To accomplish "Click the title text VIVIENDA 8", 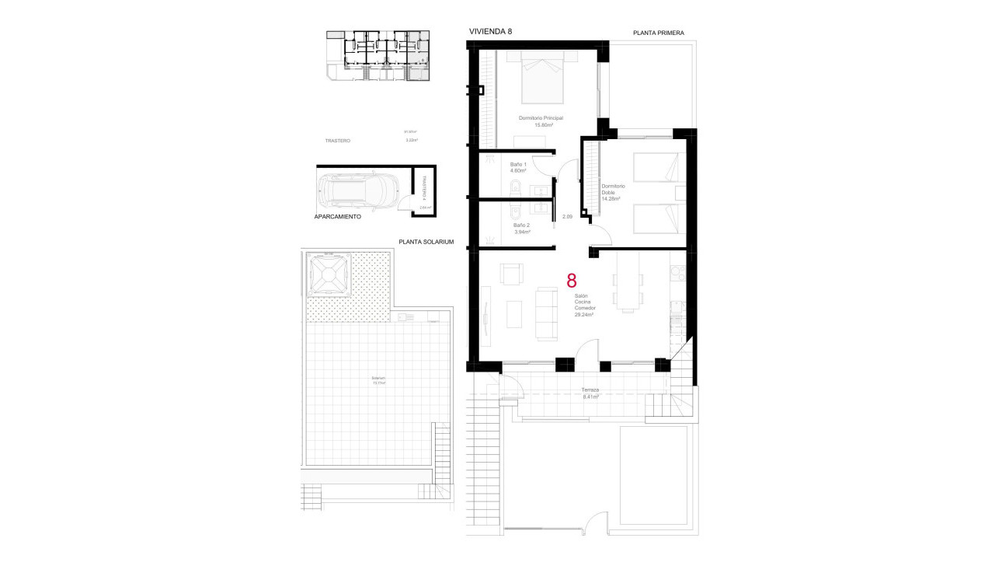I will (x=490, y=31).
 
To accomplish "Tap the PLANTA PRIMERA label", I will (x=658, y=33).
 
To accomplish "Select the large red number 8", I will (x=572, y=281).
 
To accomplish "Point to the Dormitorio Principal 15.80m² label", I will (x=541, y=121).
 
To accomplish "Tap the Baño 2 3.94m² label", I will (x=521, y=229).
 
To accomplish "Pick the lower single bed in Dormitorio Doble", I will (x=655, y=218).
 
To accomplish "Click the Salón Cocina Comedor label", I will (x=583, y=306).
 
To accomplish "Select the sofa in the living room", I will (x=546, y=313).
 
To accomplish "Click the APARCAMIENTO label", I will (x=338, y=218).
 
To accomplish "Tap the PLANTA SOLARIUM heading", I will (x=426, y=242).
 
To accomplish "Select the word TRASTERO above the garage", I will (x=338, y=141).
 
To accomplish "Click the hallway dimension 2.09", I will (x=567, y=217).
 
